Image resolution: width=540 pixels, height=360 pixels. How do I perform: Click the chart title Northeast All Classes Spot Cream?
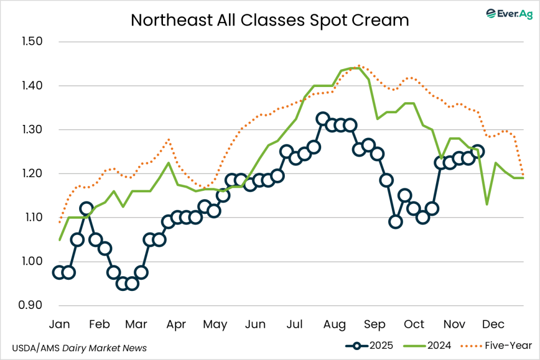[269, 20]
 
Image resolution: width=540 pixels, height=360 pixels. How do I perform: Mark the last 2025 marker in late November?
[478, 152]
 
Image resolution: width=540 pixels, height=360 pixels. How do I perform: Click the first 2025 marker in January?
[59, 272]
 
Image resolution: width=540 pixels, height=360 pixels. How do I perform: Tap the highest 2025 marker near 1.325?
[323, 119]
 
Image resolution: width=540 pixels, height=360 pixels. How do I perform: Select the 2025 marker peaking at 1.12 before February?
[86, 209]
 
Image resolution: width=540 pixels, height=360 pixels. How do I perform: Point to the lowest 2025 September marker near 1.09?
[396, 222]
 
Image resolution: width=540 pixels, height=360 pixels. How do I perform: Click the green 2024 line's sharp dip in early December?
[487, 205]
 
